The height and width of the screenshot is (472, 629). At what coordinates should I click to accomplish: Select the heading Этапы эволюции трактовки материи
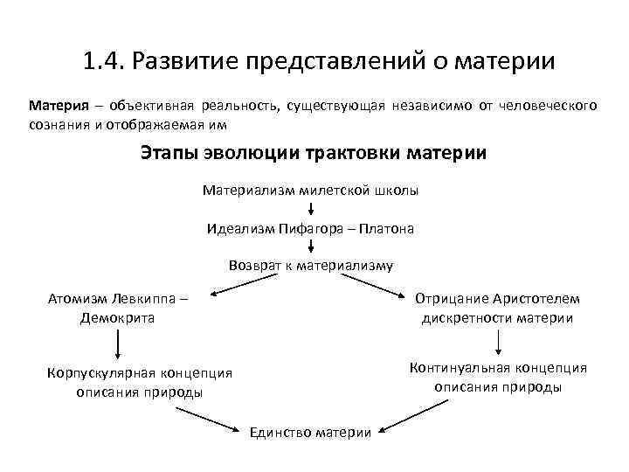click(314, 153)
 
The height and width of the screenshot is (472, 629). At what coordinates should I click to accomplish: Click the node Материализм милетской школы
click(311, 190)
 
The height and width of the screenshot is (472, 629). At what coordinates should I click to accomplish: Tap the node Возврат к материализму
click(310, 265)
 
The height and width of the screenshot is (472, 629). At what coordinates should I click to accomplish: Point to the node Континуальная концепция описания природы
click(497, 378)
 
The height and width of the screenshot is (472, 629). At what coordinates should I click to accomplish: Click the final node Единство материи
click(311, 432)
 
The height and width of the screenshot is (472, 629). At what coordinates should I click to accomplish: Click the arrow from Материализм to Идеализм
click(311, 209)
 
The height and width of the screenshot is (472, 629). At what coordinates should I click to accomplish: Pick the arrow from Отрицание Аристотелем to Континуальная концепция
click(497, 341)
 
